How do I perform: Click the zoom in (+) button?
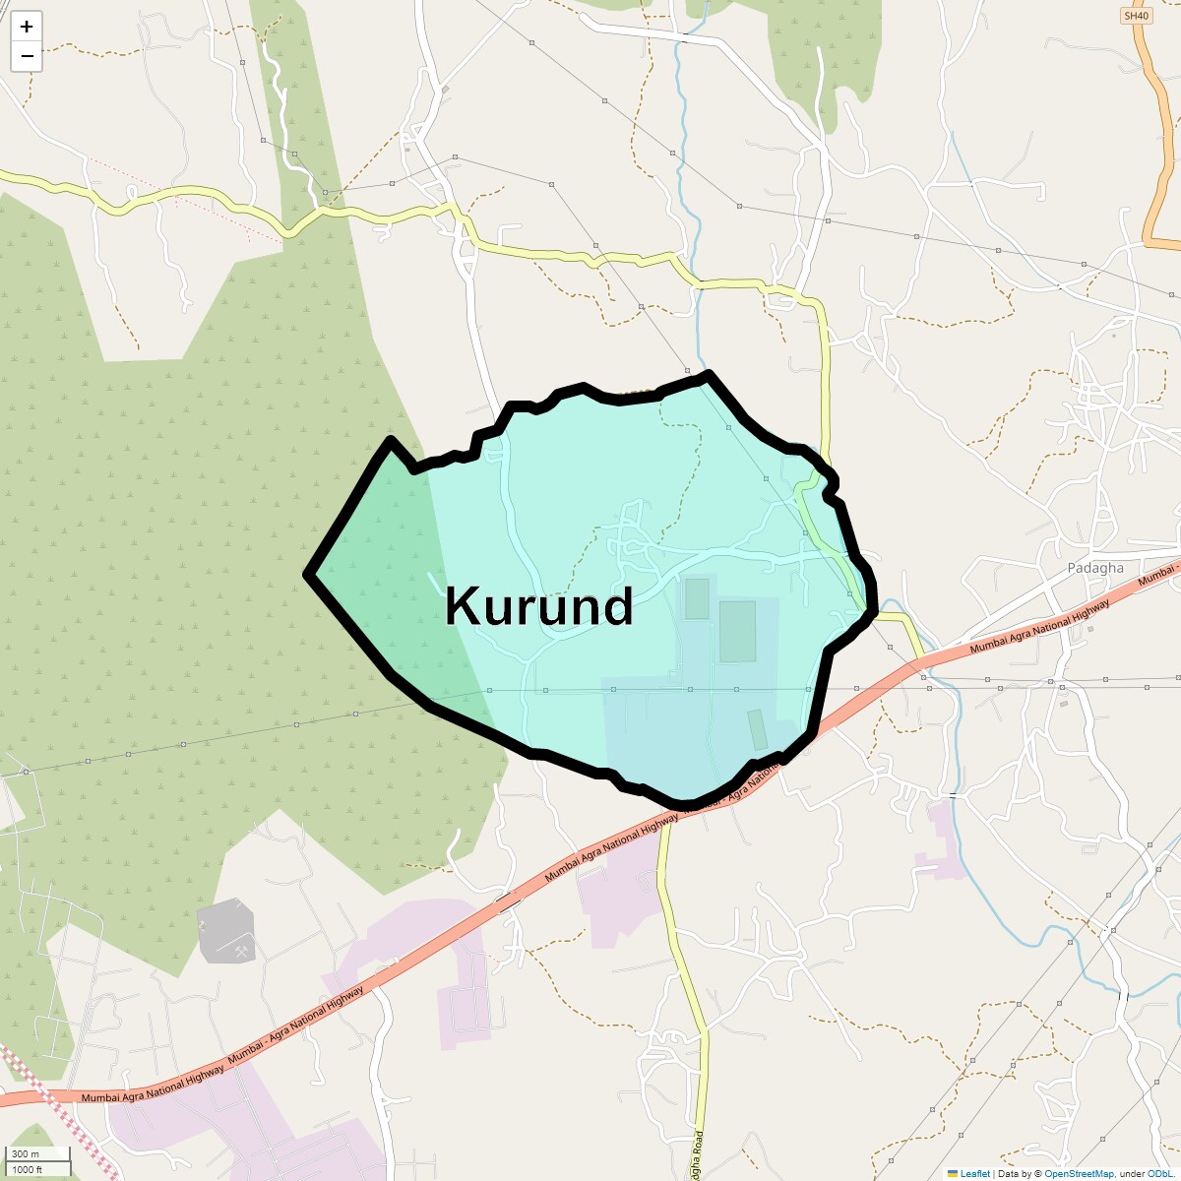[x=27, y=27]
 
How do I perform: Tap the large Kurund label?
[x=538, y=606]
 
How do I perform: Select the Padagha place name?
[x=1094, y=568]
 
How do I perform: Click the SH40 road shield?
[x=1136, y=16]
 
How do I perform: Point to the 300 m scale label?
[x=27, y=1154]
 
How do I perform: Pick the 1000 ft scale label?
[x=27, y=1170]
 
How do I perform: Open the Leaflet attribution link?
[x=974, y=1174]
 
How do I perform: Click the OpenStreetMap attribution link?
[x=1079, y=1174]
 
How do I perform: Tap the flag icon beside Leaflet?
[x=953, y=1174]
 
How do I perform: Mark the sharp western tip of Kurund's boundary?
[x=308, y=574]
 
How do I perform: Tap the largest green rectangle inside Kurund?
[x=737, y=631]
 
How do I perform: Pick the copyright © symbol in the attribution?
[x=1037, y=1174]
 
